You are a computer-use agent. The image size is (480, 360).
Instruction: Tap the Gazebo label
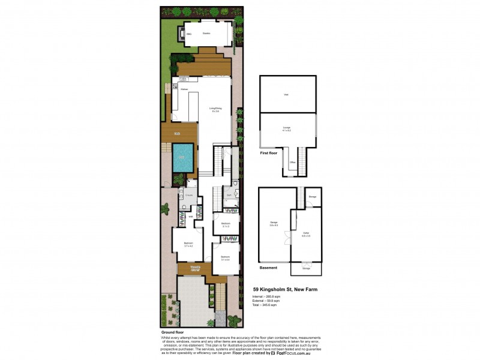click(206, 34)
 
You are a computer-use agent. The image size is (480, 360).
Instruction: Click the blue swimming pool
click(182, 157)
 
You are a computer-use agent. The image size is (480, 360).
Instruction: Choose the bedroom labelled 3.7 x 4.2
click(188, 244)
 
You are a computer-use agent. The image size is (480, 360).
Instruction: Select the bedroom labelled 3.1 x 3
click(226, 224)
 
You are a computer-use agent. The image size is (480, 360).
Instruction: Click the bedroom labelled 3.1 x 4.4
click(225, 258)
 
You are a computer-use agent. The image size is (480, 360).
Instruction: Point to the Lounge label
click(287, 128)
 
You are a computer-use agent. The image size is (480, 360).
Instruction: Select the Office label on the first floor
click(292, 162)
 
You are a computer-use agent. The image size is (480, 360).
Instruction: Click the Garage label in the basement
click(274, 223)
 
